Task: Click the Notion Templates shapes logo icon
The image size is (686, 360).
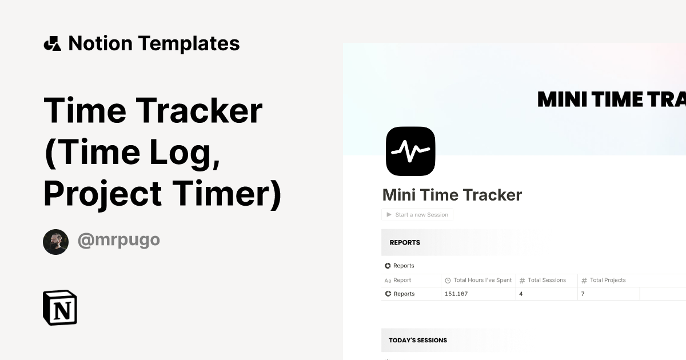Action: click(52, 43)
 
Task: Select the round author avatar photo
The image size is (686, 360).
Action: click(55, 242)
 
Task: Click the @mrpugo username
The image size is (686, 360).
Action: click(119, 240)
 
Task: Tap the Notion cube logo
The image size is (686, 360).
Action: click(60, 307)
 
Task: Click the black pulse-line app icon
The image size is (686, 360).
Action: click(410, 151)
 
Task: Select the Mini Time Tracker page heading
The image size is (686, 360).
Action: click(452, 195)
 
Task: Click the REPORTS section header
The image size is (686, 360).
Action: click(405, 242)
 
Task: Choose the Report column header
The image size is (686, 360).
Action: click(402, 280)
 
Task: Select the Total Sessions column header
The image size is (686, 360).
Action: click(547, 280)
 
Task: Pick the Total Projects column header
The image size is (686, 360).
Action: click(608, 280)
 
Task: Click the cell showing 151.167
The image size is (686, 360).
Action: click(456, 294)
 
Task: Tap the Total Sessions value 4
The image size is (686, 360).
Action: click(521, 294)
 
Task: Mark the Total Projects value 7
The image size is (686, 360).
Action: click(583, 294)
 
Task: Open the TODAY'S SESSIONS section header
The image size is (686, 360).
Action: click(418, 340)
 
